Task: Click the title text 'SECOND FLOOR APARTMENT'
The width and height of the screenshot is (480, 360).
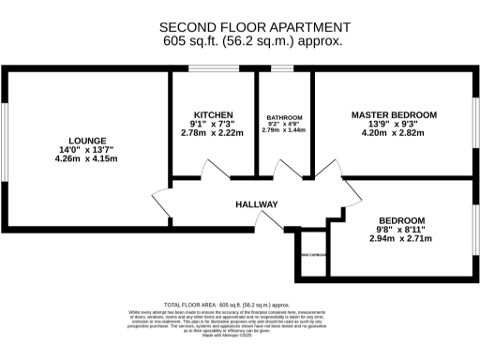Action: [x=239, y=26]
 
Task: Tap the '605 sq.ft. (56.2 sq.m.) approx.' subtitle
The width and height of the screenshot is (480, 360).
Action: [x=239, y=40]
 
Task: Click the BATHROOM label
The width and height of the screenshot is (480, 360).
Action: [x=284, y=118]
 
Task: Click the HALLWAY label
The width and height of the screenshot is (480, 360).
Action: [x=256, y=204]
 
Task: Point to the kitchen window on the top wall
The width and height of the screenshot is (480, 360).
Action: [x=213, y=68]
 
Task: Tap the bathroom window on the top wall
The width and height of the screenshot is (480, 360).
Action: [x=283, y=68]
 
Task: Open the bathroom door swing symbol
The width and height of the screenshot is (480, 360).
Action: [x=283, y=170]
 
